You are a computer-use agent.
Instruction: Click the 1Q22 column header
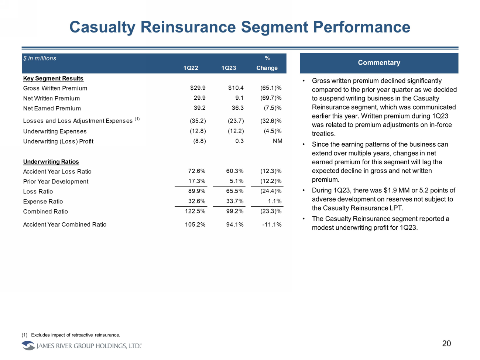(x=191, y=68)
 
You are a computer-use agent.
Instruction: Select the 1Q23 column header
(x=229, y=68)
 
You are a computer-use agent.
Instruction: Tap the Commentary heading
(x=379, y=63)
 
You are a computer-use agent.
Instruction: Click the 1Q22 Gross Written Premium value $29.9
(x=198, y=88)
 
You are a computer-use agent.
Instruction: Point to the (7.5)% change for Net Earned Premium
(x=272, y=108)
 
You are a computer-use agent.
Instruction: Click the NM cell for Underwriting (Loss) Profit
(x=277, y=141)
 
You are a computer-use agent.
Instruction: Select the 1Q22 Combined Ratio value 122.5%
(x=195, y=211)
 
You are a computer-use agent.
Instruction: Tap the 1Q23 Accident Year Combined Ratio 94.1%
(x=235, y=224)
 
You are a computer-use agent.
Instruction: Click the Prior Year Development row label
(x=56, y=182)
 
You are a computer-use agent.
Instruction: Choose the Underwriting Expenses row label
(x=55, y=131)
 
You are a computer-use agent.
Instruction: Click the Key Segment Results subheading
(x=53, y=78)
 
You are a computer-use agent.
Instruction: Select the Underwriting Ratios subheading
(x=51, y=162)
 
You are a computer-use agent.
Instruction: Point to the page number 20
(x=446, y=344)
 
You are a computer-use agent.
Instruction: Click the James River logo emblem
(x=28, y=346)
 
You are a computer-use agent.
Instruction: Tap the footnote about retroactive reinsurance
(x=75, y=335)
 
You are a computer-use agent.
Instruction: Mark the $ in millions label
(x=40, y=58)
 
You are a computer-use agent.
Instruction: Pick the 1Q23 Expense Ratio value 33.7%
(x=235, y=201)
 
